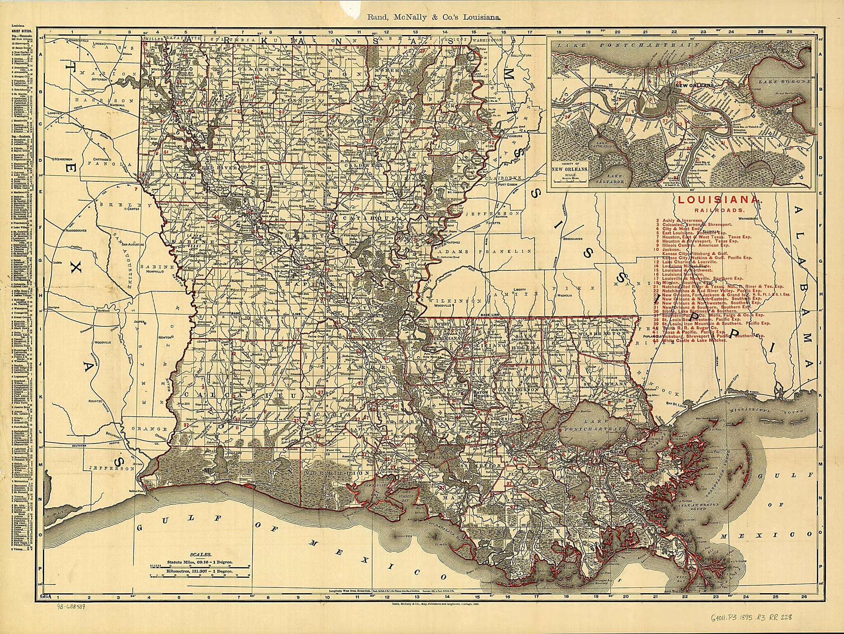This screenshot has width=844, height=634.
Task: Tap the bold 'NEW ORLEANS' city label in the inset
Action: [694, 85]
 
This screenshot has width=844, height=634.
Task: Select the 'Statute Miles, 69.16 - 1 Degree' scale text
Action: [200, 562]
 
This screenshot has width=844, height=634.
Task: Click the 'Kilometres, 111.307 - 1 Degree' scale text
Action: [200, 572]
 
